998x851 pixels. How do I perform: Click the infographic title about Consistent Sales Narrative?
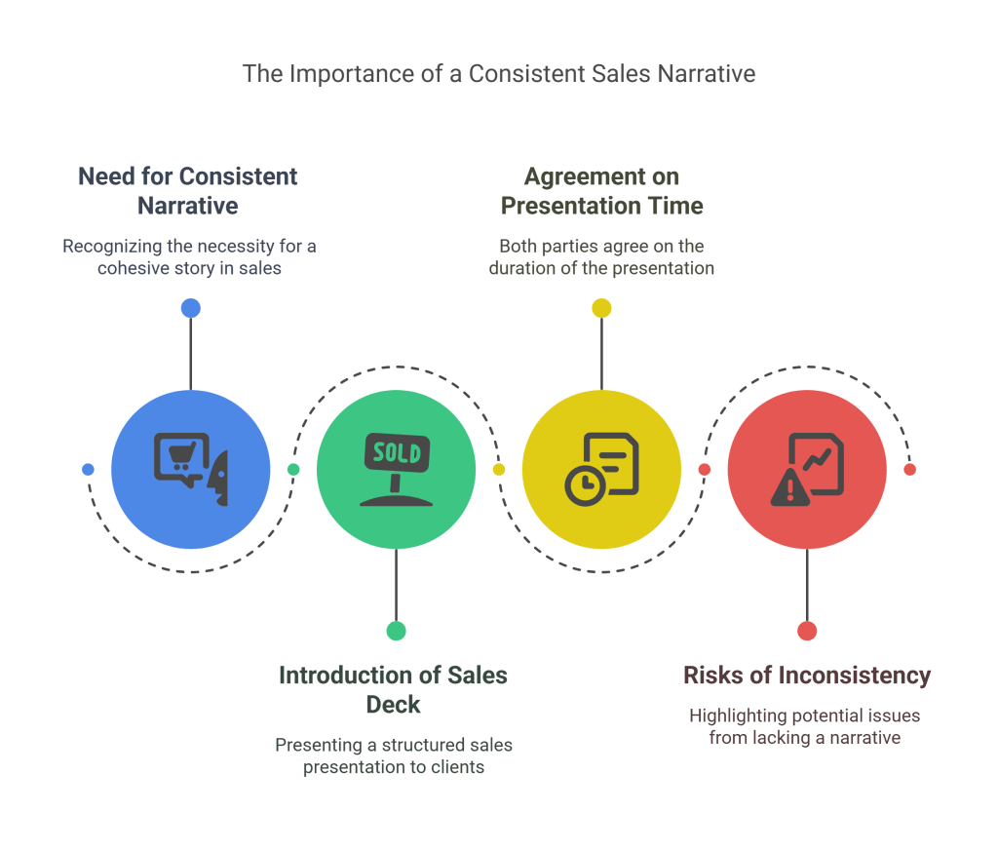499,74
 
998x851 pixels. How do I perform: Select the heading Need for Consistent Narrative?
188,191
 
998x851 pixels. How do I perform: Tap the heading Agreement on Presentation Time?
601,191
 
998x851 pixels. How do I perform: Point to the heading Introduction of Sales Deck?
394,690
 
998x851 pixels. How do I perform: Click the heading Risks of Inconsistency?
807,676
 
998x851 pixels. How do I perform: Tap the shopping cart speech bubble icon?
181,459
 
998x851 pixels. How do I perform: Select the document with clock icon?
602,470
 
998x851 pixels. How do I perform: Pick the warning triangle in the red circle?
789,488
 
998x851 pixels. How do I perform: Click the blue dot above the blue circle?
191,308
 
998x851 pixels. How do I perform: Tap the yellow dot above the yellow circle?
601,308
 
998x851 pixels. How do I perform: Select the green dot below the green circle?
396,631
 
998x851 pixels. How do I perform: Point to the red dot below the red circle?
807,631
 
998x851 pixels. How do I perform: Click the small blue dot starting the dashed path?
88,470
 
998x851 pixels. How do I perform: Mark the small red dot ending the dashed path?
910,470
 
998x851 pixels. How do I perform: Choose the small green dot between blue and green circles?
293,470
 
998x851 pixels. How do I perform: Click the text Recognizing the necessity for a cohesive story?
189,257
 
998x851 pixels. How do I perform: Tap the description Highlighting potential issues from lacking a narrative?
804,727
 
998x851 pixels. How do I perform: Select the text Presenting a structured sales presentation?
394,756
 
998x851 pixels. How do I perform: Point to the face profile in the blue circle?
217,479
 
